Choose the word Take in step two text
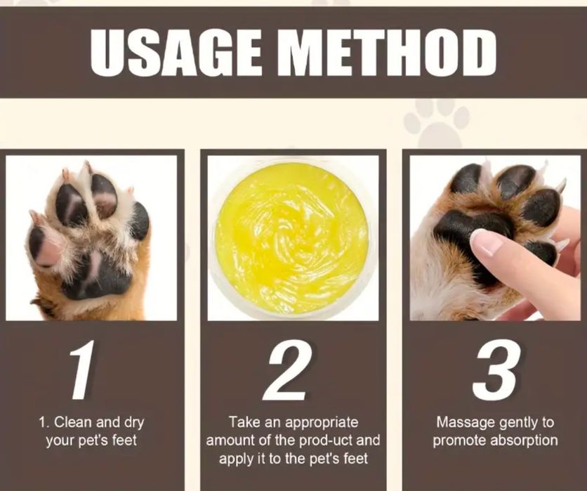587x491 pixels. click(x=242, y=423)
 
